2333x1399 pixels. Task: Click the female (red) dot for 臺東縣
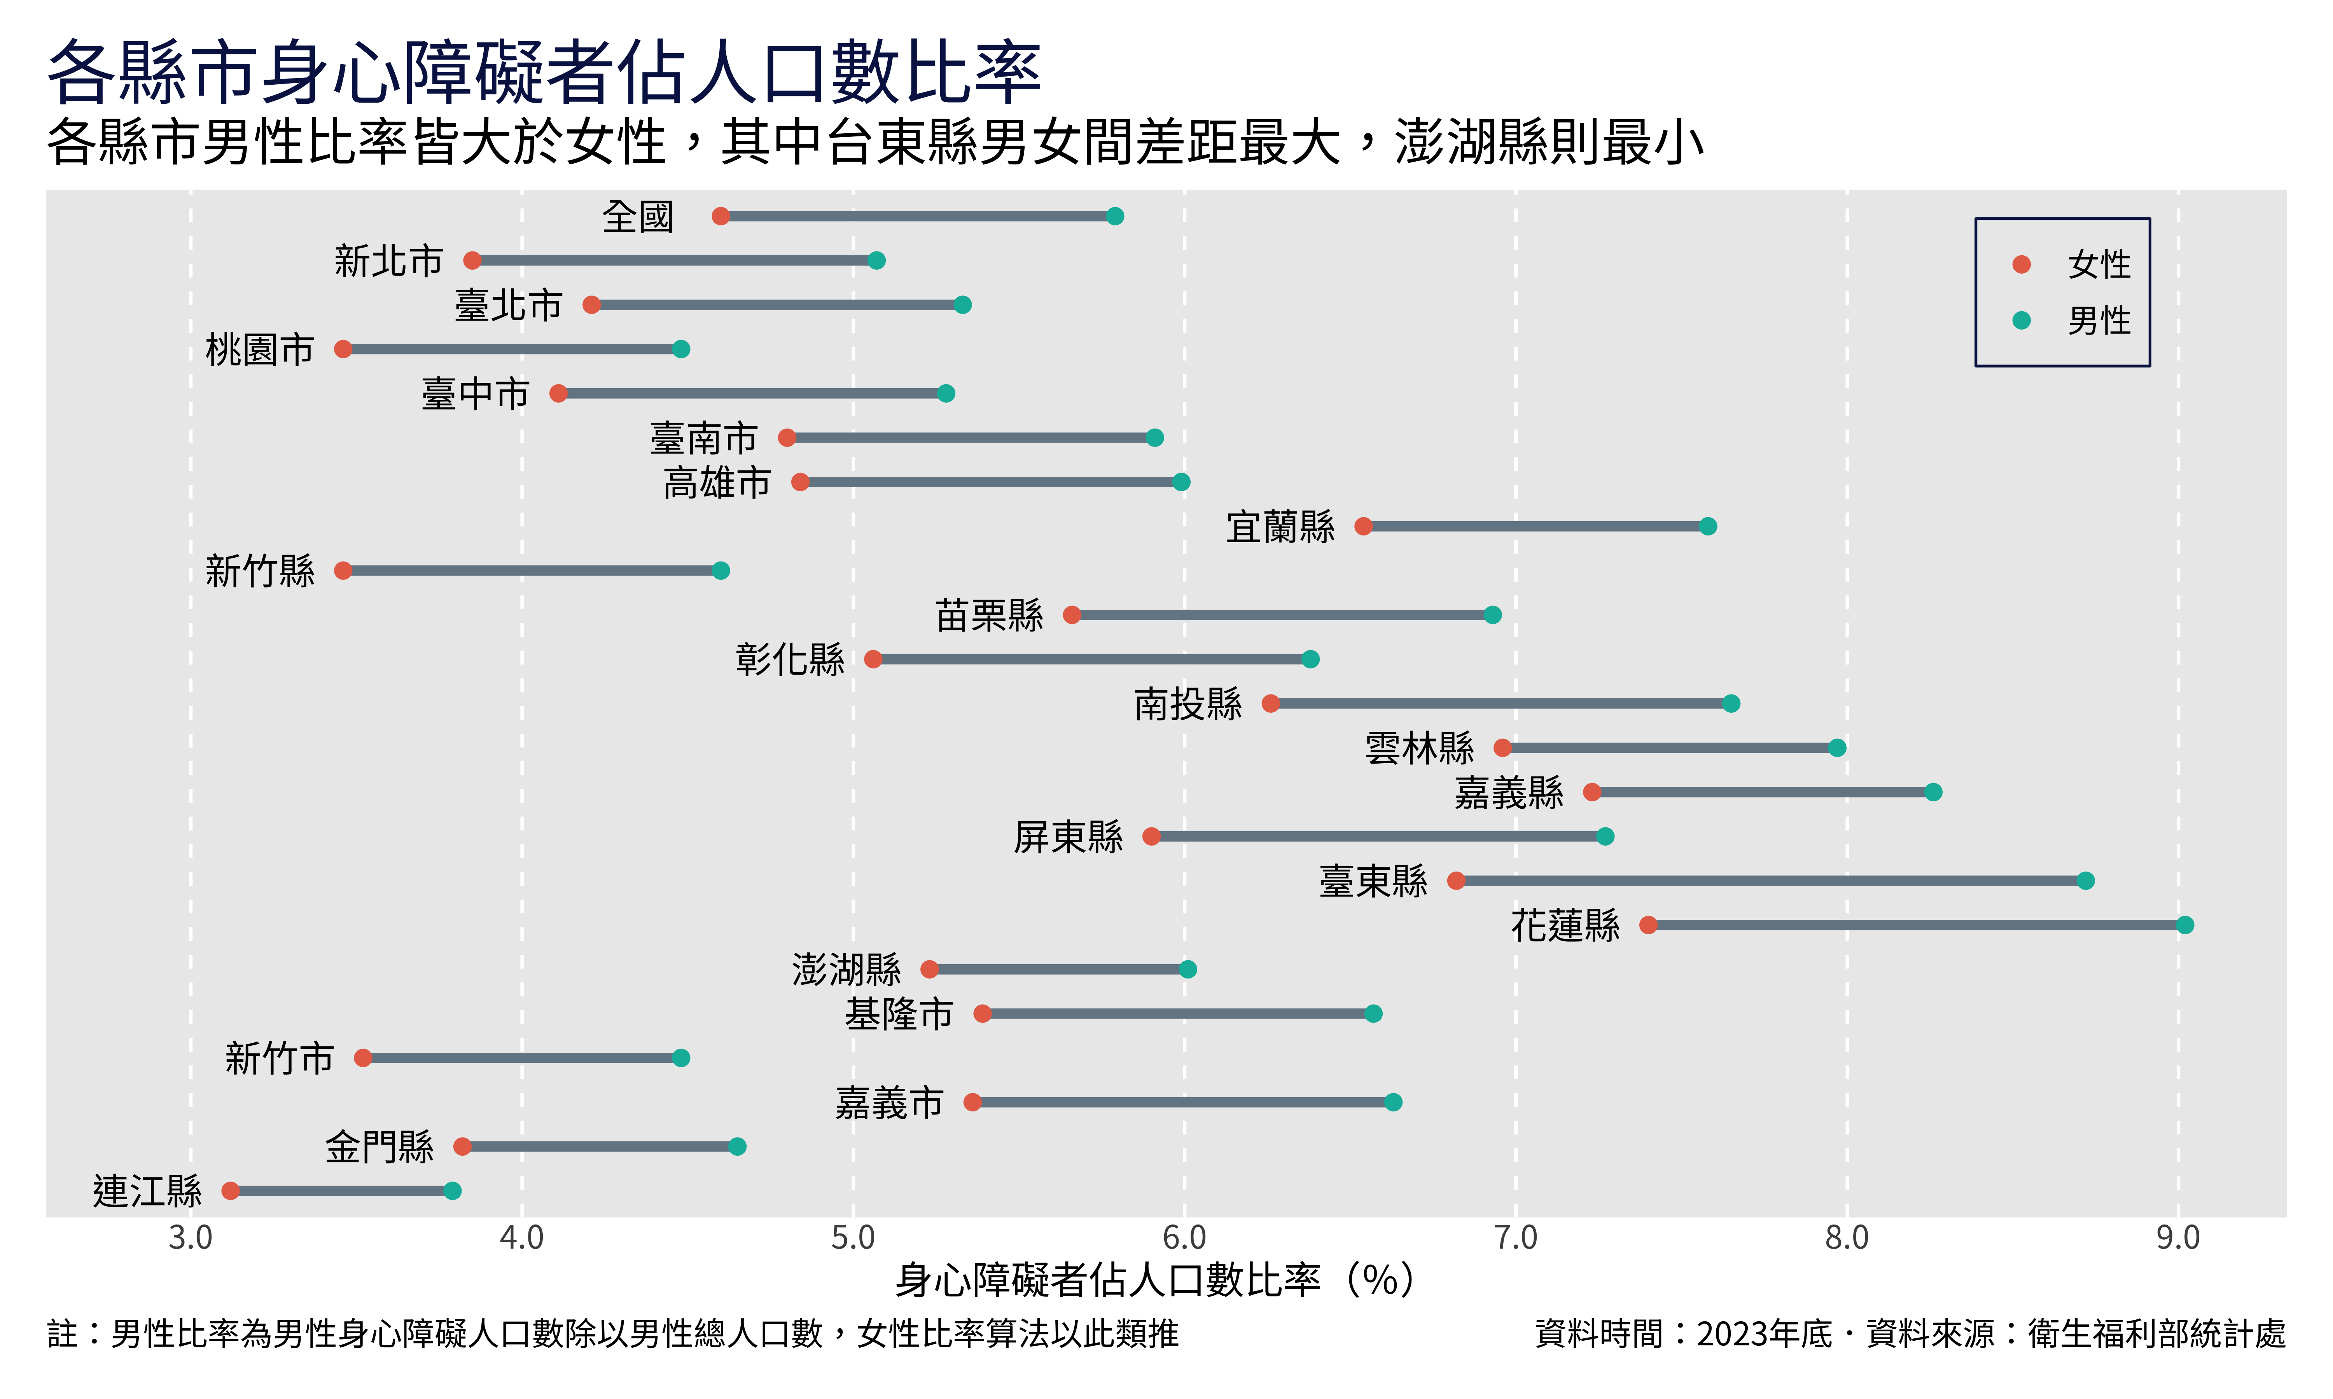(1456, 881)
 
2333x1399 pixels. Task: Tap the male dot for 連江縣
(453, 1191)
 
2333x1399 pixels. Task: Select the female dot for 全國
(721, 216)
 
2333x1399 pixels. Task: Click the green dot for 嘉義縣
(1933, 792)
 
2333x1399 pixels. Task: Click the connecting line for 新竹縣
(532, 570)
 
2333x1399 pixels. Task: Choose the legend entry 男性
(2098, 321)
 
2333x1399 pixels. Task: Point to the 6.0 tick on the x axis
(1184, 1237)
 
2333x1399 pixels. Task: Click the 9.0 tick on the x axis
(2177, 1237)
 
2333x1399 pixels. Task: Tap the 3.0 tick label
(191, 1237)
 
